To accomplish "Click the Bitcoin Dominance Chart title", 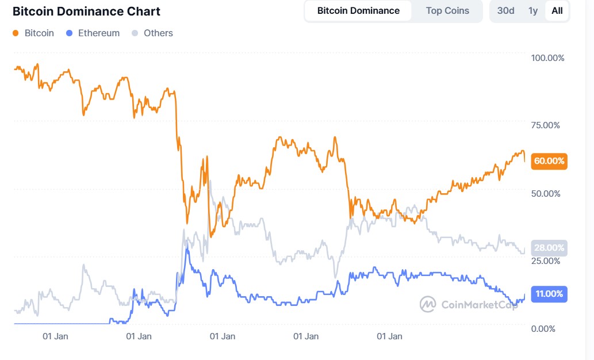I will tap(86, 12).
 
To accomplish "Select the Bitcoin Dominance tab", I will tap(358, 11).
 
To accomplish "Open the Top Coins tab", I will tap(447, 11).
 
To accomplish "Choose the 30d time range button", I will tap(505, 11).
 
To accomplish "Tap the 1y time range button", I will tap(533, 11).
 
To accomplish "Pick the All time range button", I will tap(557, 11).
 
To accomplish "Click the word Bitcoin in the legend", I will tap(39, 33).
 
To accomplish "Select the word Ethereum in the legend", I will tap(99, 33).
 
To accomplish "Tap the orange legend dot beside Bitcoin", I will tap(16, 33).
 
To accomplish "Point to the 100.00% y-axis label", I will tap(548, 58).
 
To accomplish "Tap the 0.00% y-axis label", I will tap(543, 328).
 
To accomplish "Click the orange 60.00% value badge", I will tap(549, 161).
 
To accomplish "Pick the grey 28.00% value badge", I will tap(549, 248).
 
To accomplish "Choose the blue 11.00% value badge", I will tap(549, 294).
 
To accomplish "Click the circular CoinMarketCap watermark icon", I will tap(428, 304).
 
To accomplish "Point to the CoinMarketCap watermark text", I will tap(479, 304).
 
